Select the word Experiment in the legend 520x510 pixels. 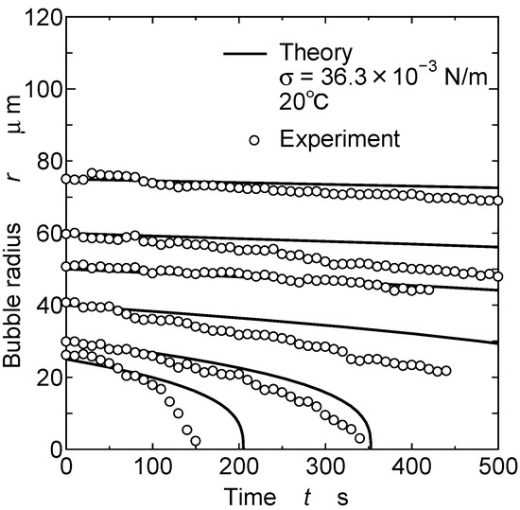point(339,139)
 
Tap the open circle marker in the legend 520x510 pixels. point(254,140)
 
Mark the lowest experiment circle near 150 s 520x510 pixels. point(195,441)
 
